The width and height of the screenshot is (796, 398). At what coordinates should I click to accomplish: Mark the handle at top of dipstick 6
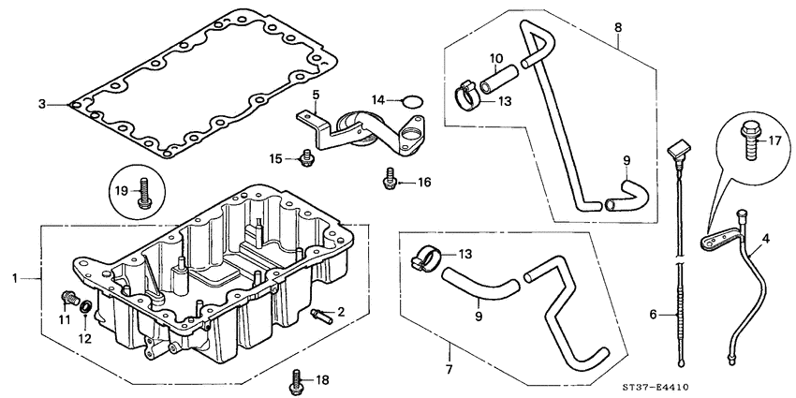pyautogui.click(x=677, y=150)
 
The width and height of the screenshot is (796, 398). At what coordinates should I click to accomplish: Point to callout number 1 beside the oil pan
pyautogui.click(x=13, y=278)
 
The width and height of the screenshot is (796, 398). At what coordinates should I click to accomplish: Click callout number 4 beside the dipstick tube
pyautogui.click(x=767, y=239)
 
